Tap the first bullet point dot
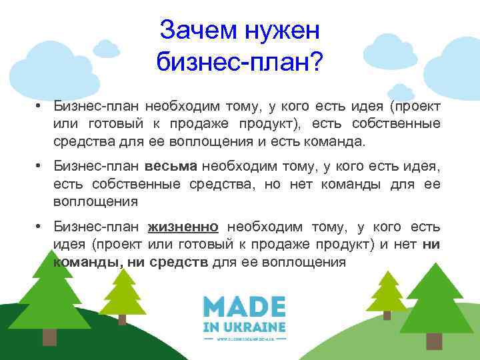pyautogui.click(x=41, y=105)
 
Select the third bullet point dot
pyautogui.click(x=41, y=227)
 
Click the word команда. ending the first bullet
pyautogui.click(x=329, y=141)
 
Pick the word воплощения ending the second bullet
pyautogui.click(x=96, y=201)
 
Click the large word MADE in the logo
pyautogui.click(x=245, y=307)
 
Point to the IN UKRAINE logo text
pyautogui.click(x=245, y=327)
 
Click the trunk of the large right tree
pyautogui.click(x=434, y=341)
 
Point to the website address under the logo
pyautogui.click(x=244, y=339)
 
